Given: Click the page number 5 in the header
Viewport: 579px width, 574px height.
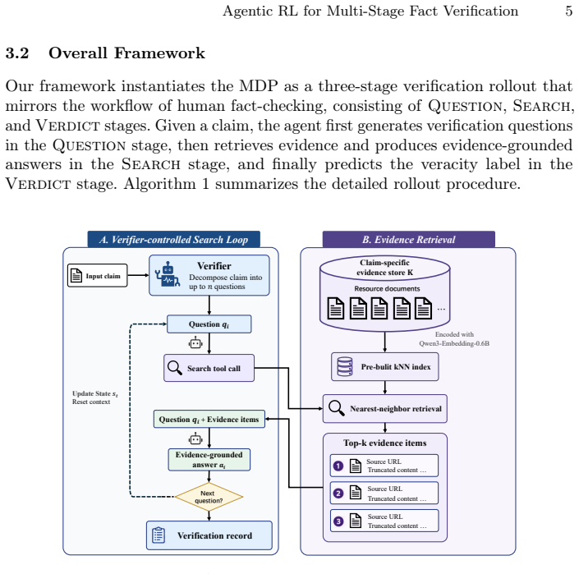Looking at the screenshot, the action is pyautogui.click(x=568, y=11).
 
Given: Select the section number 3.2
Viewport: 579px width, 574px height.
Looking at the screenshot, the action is pyautogui.click(x=17, y=53).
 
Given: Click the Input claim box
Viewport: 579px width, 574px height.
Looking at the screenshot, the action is pyautogui.click(x=97, y=275).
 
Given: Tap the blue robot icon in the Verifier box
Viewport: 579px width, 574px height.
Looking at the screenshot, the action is pyautogui.click(x=168, y=274).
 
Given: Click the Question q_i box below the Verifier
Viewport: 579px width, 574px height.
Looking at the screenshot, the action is pyautogui.click(x=209, y=324).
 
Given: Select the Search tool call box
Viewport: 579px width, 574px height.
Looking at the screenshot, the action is pyautogui.click(x=209, y=368).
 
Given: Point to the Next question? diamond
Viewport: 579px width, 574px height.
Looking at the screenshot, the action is pyautogui.click(x=209, y=497).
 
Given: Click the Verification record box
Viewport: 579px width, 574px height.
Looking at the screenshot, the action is pyautogui.click(x=209, y=535).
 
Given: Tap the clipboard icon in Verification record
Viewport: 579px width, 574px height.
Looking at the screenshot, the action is pyautogui.click(x=159, y=535).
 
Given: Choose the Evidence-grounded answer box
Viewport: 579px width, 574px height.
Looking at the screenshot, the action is pyautogui.click(x=209, y=460).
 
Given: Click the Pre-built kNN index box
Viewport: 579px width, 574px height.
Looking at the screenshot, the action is pyautogui.click(x=385, y=366).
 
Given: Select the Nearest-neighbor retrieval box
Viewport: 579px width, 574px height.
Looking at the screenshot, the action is pyautogui.click(x=385, y=409).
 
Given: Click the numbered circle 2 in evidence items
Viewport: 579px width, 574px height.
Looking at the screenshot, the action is pyautogui.click(x=338, y=494).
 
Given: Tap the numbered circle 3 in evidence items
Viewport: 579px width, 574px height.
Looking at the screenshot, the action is pyautogui.click(x=338, y=521).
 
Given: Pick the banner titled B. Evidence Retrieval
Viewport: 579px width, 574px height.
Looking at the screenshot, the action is pyautogui.click(x=409, y=239).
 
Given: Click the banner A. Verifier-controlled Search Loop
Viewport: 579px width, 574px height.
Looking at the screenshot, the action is pyautogui.click(x=173, y=239).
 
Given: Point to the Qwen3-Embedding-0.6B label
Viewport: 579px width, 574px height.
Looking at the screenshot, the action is pyautogui.click(x=454, y=343).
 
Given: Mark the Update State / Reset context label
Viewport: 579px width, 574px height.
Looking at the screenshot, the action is pyautogui.click(x=95, y=397).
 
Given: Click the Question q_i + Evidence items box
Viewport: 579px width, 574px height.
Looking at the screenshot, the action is pyautogui.click(x=209, y=419).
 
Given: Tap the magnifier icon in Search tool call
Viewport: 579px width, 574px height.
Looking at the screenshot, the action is pyautogui.click(x=175, y=368).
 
